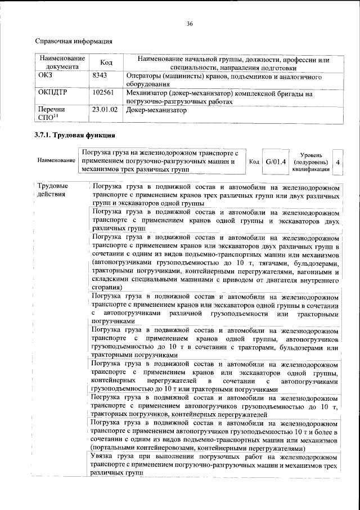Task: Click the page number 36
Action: (x=190, y=23)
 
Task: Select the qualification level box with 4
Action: (x=338, y=161)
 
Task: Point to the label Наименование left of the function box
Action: (x=56, y=161)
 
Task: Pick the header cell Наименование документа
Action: (x=61, y=63)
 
